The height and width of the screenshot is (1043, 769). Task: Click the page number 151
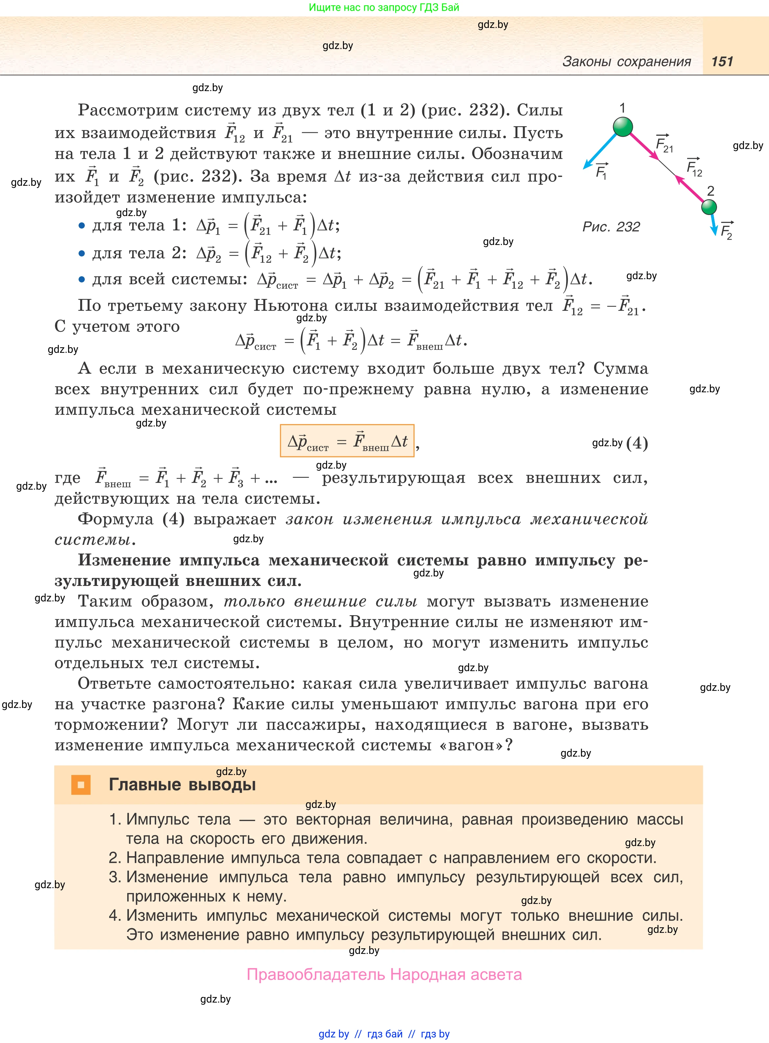point(722,61)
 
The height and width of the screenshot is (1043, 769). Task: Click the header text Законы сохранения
point(627,61)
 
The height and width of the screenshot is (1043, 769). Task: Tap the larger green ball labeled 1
point(623,127)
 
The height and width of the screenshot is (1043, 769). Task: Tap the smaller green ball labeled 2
point(709,206)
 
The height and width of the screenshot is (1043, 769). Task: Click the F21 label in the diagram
point(664,144)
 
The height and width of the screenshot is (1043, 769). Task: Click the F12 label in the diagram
point(694,168)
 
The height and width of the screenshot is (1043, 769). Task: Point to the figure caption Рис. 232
point(611,227)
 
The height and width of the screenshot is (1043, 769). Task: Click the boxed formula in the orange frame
point(347,441)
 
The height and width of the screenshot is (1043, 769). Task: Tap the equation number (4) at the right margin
point(637,443)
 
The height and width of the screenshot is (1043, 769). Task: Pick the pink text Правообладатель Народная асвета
point(384,974)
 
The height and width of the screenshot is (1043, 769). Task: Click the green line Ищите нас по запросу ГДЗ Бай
point(384,8)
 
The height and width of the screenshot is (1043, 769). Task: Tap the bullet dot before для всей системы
point(82,279)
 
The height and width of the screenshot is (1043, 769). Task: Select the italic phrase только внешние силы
point(320,601)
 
